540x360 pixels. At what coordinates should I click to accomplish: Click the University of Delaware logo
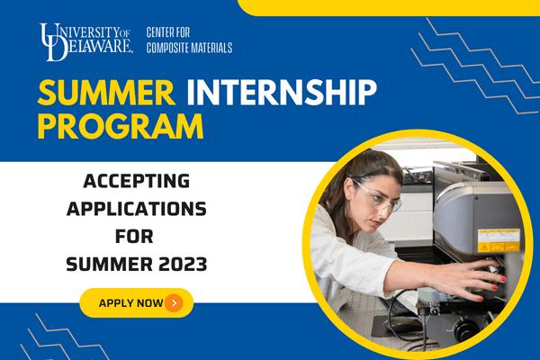(86, 41)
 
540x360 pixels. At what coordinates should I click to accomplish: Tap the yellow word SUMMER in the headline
(106, 93)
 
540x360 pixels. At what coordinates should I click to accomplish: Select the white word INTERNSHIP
(282, 93)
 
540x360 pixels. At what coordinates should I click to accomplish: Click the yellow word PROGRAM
(121, 126)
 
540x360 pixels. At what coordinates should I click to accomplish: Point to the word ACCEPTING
(137, 181)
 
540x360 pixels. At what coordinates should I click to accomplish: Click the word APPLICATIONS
(137, 209)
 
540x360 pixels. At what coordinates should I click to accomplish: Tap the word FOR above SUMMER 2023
(134, 237)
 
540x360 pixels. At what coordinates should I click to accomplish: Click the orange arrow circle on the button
(174, 302)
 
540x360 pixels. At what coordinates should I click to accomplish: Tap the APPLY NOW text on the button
(130, 303)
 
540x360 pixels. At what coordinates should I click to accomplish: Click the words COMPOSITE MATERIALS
(189, 48)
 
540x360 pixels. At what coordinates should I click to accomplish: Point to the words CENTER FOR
(168, 32)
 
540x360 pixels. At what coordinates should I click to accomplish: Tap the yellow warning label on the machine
(499, 240)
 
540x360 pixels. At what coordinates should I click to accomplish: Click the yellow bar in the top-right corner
(389, 7)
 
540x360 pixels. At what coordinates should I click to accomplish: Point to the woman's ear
(349, 190)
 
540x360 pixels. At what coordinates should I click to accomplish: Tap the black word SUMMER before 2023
(109, 265)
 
